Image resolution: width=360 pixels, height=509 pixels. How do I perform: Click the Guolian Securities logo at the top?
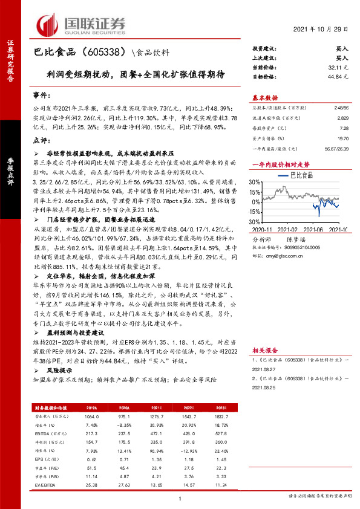tap(82, 22)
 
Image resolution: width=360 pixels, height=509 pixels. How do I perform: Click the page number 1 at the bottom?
tap(180, 498)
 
